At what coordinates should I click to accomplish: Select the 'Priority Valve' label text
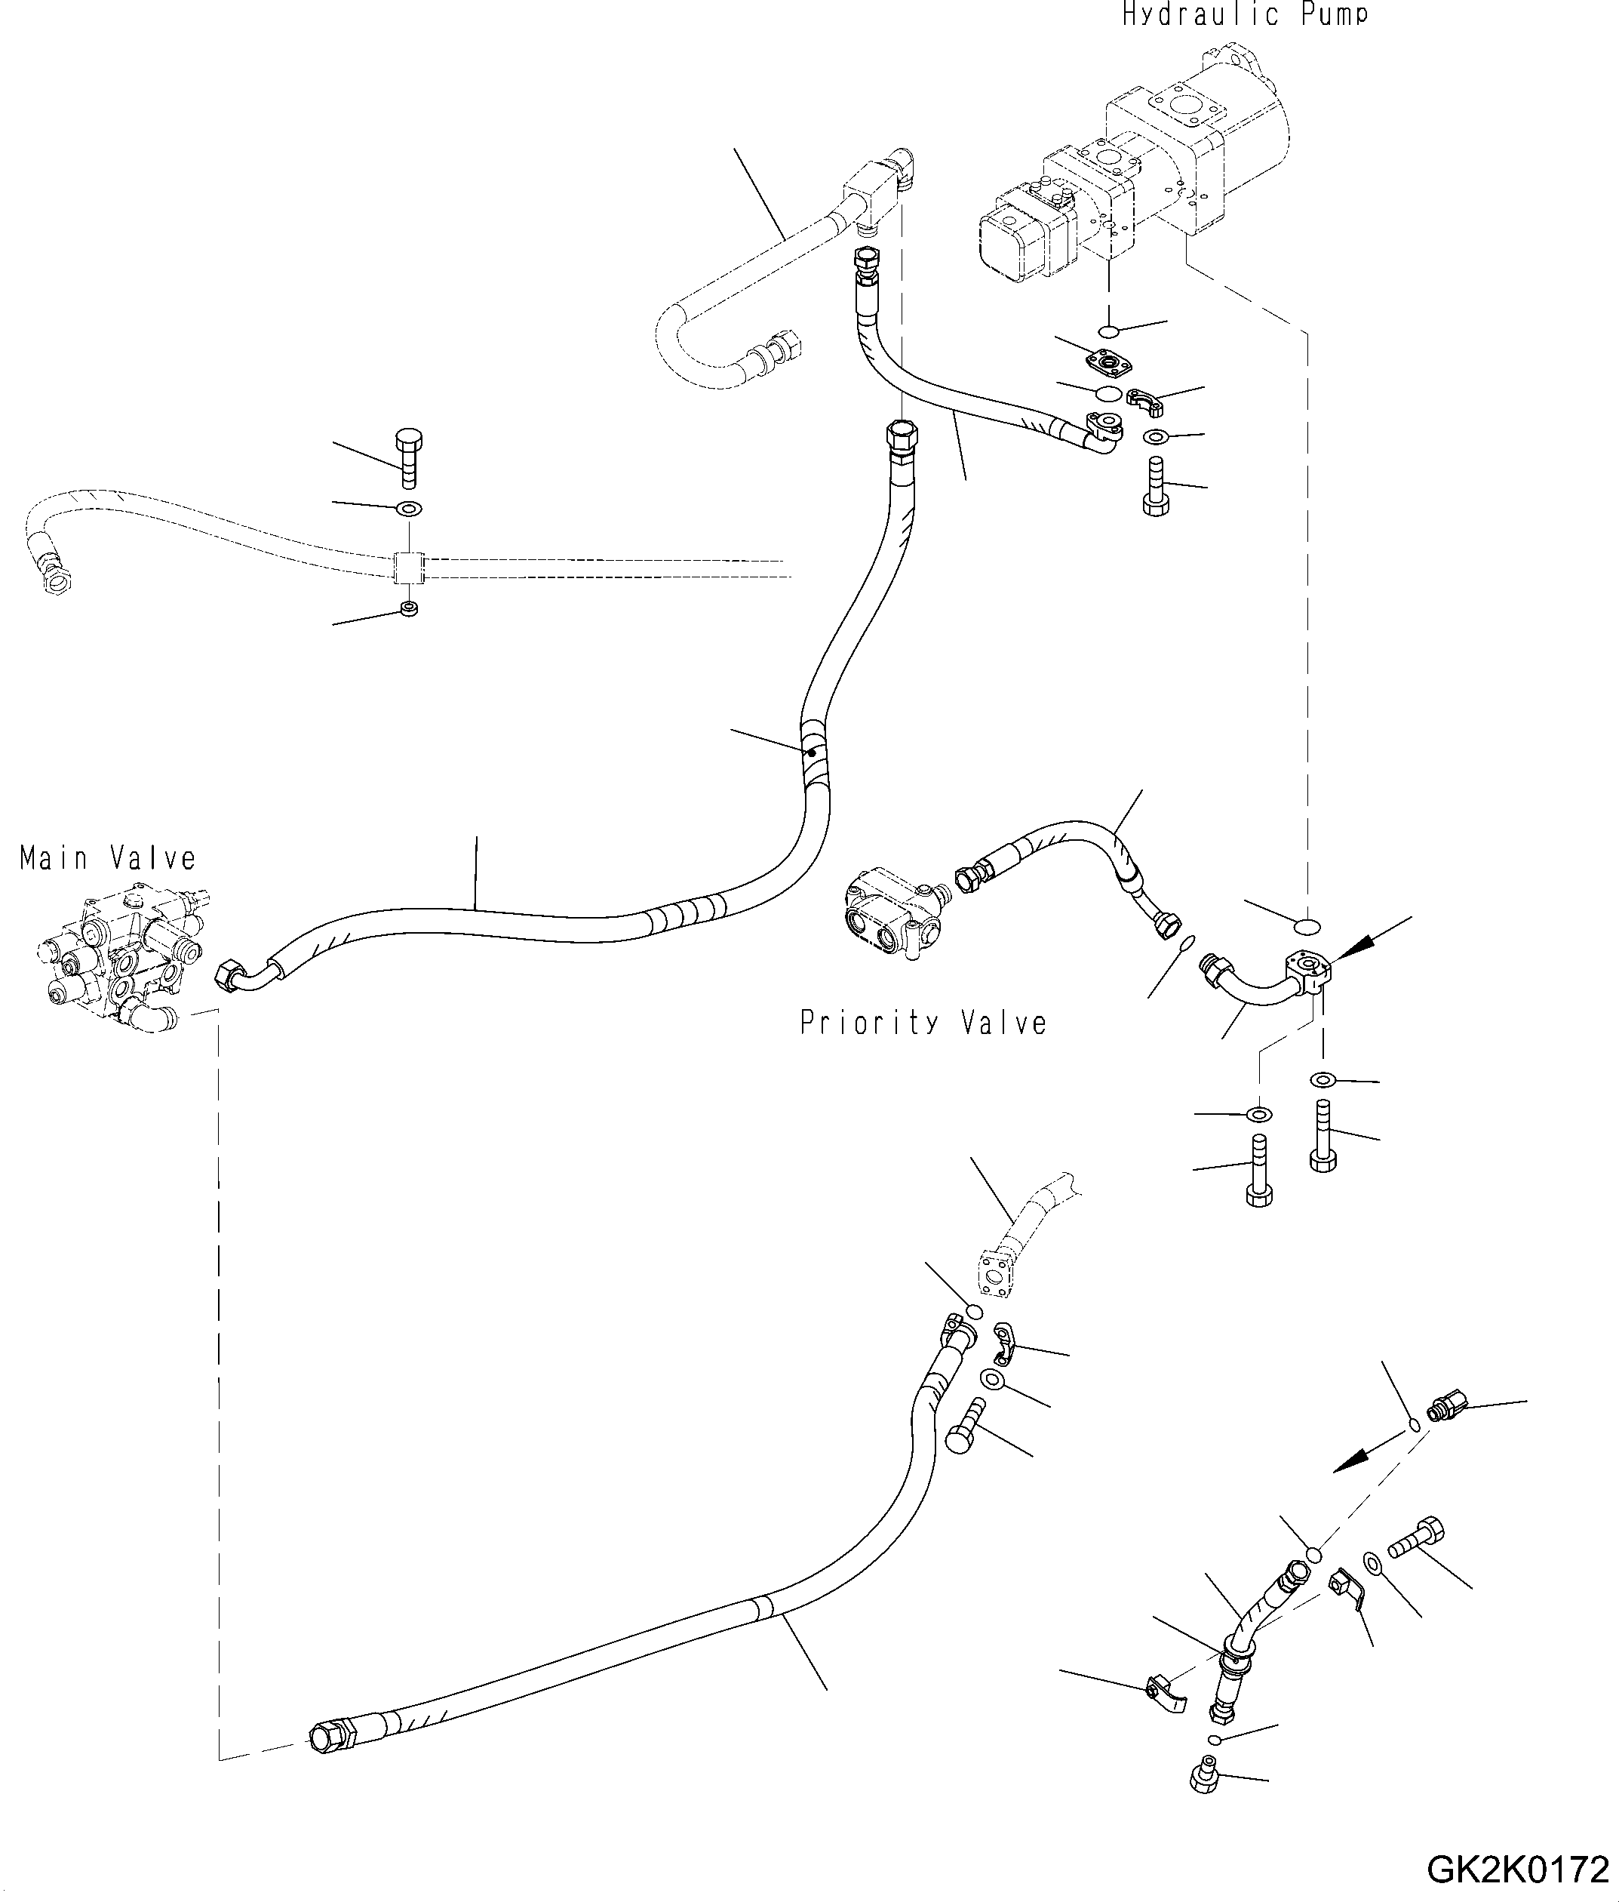coord(923,1023)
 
